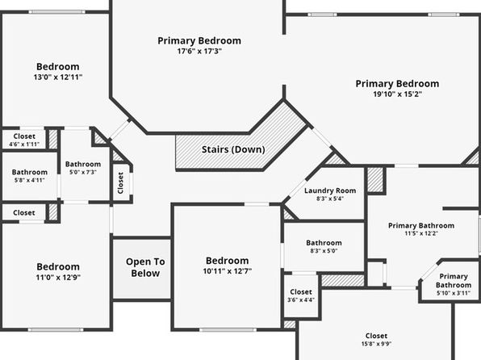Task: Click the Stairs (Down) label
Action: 233,149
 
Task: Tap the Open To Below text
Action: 145,267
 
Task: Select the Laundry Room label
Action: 330,190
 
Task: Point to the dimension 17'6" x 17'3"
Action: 199,51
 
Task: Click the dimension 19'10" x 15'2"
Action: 397,94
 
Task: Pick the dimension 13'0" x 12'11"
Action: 58,77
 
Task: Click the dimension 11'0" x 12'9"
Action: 58,278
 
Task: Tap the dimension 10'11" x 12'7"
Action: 228,271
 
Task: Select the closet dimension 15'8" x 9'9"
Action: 376,344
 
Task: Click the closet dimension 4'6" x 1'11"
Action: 24,144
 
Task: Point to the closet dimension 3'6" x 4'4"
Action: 301,299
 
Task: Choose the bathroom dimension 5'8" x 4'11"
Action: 29,180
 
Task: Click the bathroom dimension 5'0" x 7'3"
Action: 83,172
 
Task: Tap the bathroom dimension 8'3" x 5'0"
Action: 324,251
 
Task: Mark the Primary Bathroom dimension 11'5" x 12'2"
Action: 421,233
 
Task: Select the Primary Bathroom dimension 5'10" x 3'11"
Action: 454,293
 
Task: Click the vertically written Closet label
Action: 120,183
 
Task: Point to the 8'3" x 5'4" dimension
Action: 330,199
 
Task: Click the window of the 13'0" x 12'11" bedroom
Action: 57,12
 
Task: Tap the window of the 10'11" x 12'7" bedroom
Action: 228,330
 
